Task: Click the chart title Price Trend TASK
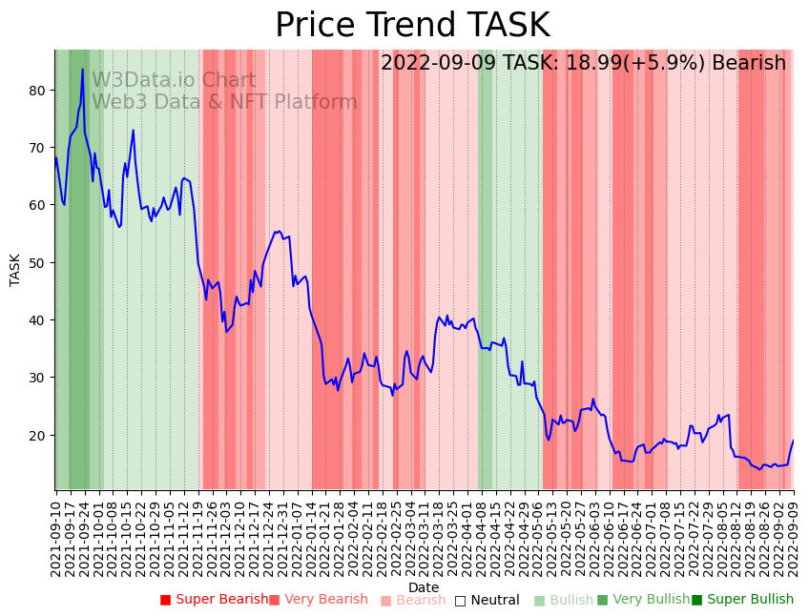(412, 26)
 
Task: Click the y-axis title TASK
(15, 270)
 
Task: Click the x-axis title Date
(424, 587)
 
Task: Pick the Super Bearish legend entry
(215, 600)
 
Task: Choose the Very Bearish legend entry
(319, 600)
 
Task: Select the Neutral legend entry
(487, 601)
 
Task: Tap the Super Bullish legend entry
(743, 600)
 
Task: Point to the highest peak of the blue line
(83, 69)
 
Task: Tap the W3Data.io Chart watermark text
(174, 81)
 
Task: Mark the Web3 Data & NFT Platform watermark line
(224, 102)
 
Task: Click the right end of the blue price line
(793, 441)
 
